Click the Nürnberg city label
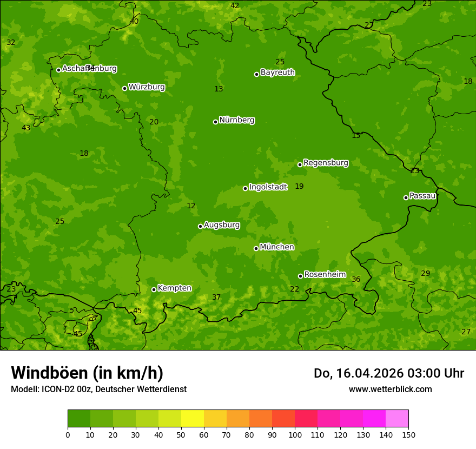(237, 120)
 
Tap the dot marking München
(256, 248)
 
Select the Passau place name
(422, 196)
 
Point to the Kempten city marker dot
(154, 289)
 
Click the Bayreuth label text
(277, 72)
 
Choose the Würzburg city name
(147, 87)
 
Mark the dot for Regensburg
(300, 164)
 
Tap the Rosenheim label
(325, 275)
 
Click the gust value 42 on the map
(235, 6)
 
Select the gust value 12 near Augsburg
(191, 206)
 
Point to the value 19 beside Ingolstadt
(299, 187)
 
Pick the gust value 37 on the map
(216, 298)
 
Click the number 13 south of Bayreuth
(219, 89)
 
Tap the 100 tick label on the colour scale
(295, 435)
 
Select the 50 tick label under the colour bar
(181, 435)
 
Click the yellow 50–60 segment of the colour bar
(193, 419)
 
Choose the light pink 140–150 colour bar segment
(397, 419)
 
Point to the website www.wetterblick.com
(390, 389)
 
